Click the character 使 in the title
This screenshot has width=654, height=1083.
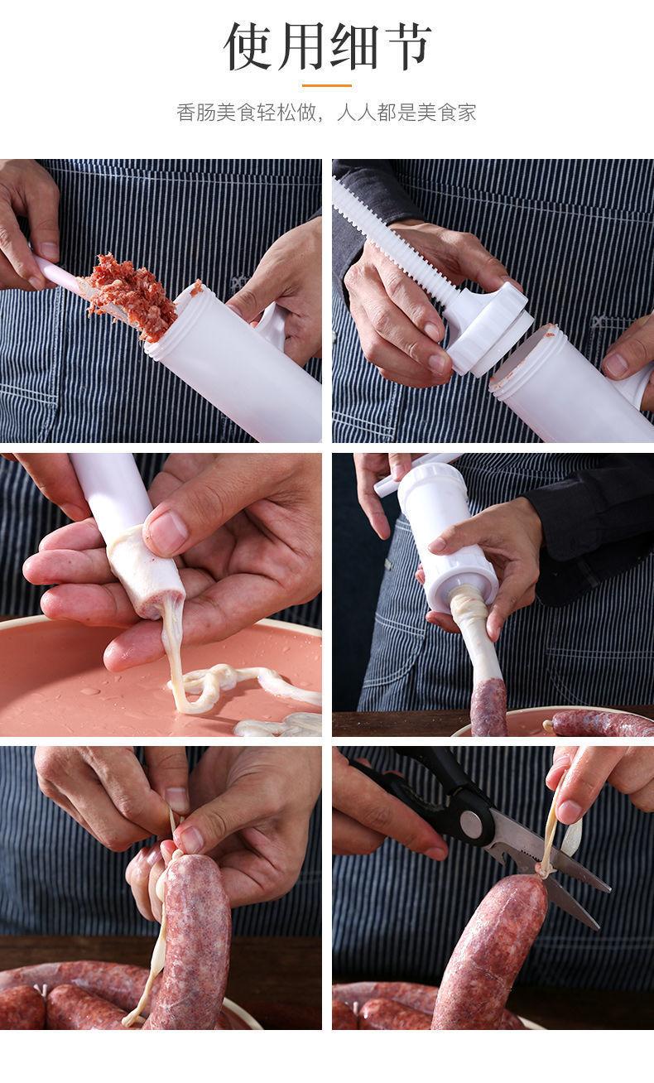(x=250, y=46)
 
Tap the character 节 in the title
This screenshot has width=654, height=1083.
(x=405, y=46)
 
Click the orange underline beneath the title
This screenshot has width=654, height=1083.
(x=327, y=85)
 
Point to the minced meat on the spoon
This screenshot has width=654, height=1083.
(x=131, y=295)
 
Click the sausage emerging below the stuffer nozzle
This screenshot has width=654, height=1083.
(x=488, y=707)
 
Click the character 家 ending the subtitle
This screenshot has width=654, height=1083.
(x=466, y=113)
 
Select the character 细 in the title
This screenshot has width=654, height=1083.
(x=353, y=46)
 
